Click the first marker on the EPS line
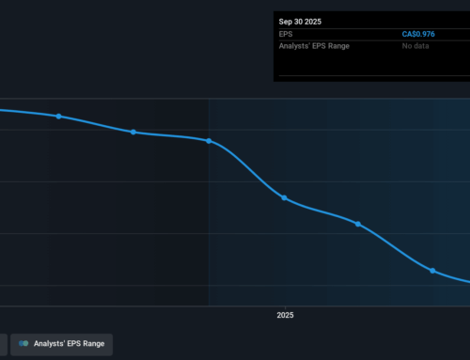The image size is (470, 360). (58, 117)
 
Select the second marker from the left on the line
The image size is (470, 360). (133, 132)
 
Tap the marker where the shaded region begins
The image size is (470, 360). (209, 141)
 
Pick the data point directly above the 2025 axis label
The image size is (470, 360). (284, 197)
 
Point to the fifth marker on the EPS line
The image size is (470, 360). (358, 224)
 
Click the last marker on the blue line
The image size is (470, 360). (432, 270)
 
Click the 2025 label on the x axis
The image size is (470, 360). (285, 315)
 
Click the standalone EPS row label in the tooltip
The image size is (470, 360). (287, 35)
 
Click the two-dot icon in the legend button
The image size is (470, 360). (23, 343)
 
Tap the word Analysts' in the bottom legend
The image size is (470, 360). (50, 343)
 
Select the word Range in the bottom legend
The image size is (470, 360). (93, 343)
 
